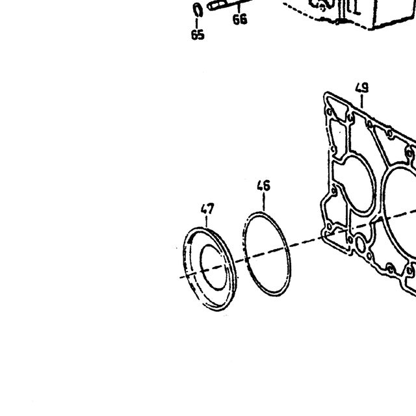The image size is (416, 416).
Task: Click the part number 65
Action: (x=198, y=34)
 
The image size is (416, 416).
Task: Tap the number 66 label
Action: (x=240, y=19)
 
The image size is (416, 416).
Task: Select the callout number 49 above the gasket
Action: (x=362, y=88)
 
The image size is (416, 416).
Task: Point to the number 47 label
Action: (x=207, y=209)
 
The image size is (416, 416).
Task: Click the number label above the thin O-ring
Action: (x=264, y=185)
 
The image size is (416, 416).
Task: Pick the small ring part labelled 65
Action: (x=198, y=10)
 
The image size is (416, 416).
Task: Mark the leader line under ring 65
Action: (x=197, y=23)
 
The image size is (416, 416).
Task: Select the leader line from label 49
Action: (x=362, y=101)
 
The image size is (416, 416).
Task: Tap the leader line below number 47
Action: (x=207, y=222)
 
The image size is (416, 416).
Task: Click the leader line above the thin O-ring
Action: (x=264, y=202)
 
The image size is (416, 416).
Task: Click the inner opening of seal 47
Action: (x=214, y=267)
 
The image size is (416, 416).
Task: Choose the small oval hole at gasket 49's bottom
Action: (x=360, y=245)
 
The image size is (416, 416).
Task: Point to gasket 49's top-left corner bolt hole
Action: (x=330, y=112)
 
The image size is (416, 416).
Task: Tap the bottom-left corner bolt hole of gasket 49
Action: (x=330, y=227)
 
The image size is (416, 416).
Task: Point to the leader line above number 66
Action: (x=239, y=8)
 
